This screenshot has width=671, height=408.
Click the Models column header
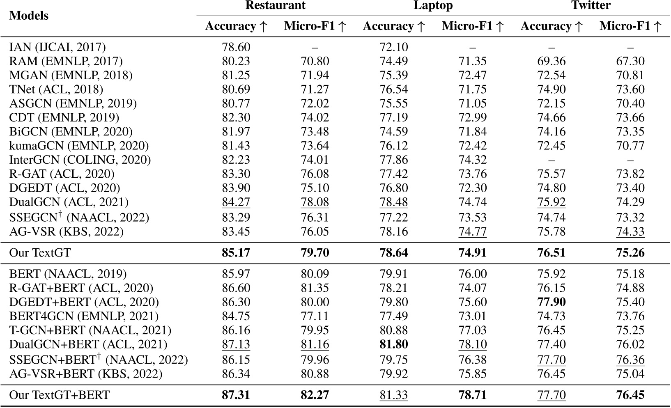29,16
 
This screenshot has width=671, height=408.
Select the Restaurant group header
275,5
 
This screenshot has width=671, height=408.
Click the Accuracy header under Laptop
393,26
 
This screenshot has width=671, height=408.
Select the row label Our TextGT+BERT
60,395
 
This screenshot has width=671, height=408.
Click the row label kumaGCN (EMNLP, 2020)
79,146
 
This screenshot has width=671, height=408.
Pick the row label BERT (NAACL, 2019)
68,274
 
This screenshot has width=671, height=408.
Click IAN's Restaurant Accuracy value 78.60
236,47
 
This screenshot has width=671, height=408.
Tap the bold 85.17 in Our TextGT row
236,252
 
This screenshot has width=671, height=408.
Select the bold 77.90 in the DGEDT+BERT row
551,302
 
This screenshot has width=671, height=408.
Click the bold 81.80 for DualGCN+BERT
393,344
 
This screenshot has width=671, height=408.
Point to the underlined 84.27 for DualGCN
236,202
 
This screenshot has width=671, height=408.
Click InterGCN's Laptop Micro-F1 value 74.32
472,160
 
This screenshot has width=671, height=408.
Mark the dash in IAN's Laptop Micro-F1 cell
472,48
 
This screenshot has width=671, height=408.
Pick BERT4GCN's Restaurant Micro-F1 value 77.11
315,316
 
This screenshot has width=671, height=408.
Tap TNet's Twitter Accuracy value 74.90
551,89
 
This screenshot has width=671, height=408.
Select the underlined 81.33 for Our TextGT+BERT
393,395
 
